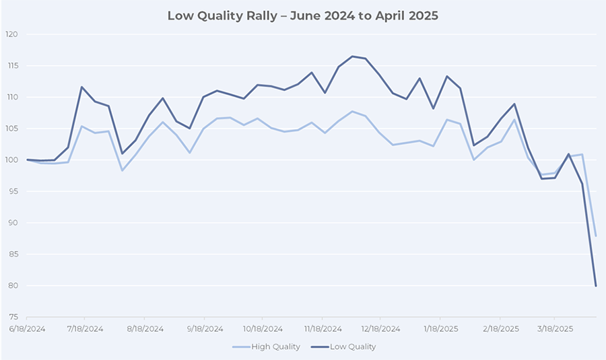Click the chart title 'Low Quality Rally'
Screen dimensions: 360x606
pos(302,15)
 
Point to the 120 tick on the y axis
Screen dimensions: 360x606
pos(11,34)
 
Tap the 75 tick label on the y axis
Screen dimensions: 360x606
pos(13,317)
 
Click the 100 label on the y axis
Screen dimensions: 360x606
pos(11,160)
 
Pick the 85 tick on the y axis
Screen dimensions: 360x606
pos(13,254)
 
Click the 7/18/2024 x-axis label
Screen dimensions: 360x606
pos(84,329)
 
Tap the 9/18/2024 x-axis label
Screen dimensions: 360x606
pos(204,329)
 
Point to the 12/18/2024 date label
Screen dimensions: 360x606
pos(380,329)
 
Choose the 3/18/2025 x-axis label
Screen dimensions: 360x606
pos(554,329)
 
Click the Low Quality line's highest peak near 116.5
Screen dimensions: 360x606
pos(352,57)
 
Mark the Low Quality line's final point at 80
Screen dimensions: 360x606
pos(596,286)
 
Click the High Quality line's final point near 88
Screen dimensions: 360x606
pos(596,236)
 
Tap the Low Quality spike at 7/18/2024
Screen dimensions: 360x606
pos(81,87)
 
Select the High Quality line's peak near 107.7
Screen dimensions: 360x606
pos(352,112)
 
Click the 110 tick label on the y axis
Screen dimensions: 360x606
pos(11,98)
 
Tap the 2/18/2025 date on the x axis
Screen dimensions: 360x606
pos(500,329)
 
